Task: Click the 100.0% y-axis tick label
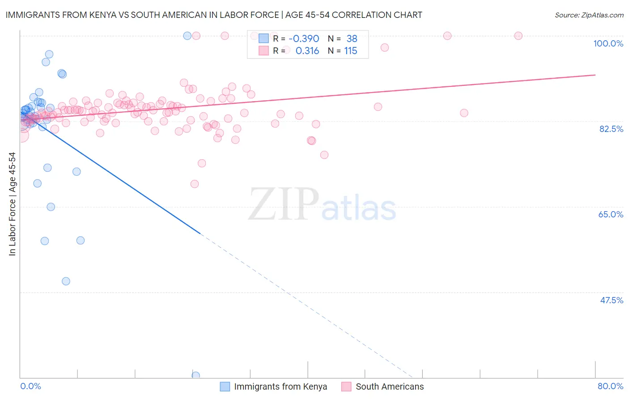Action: click(608, 43)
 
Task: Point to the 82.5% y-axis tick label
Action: click(611, 129)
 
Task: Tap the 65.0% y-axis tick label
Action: click(611, 214)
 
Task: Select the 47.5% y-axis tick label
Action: click(611, 300)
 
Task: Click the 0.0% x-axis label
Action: click(30, 386)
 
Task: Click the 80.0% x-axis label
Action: click(610, 386)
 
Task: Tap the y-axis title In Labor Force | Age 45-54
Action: click(12, 204)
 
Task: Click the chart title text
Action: click(214, 15)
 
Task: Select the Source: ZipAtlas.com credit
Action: click(589, 15)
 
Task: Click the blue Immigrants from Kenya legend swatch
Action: click(225, 386)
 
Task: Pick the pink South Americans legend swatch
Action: click(346, 386)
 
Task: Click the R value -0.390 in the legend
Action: click(304, 39)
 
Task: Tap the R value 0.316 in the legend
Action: click(307, 51)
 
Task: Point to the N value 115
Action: click(351, 51)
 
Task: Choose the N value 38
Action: click(352, 39)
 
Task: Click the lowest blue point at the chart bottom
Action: click(195, 375)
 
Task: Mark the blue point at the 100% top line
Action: click(187, 36)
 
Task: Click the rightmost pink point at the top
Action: click(518, 36)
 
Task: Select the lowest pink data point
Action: click(195, 184)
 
